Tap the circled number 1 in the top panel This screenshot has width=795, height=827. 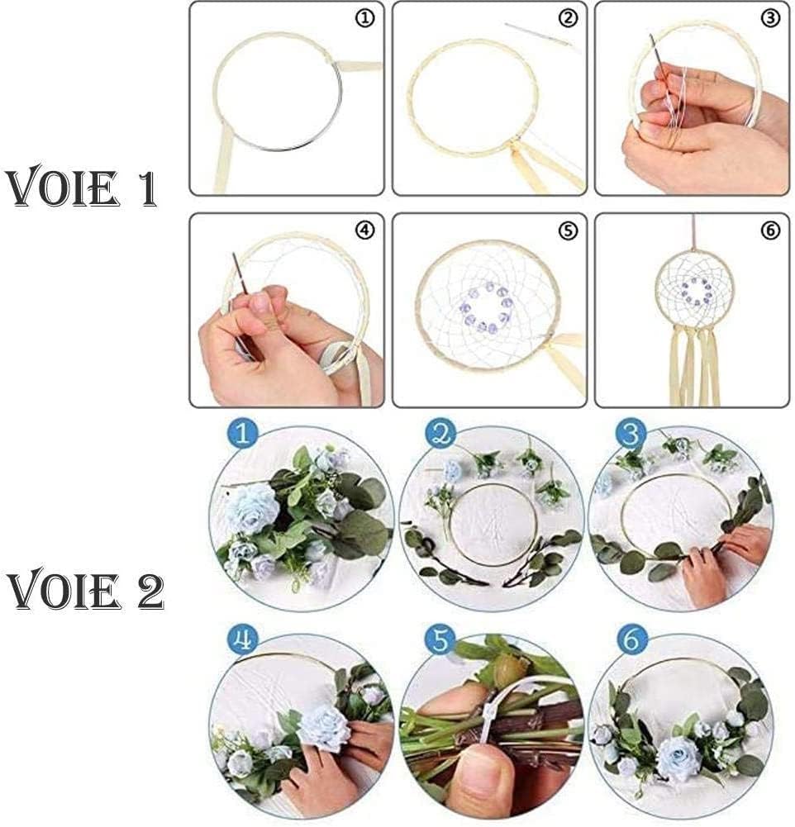click(x=364, y=19)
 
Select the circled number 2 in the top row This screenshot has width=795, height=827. click(x=567, y=19)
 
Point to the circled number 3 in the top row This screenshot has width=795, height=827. click(x=770, y=19)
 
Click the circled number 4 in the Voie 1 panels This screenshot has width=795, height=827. click(x=364, y=231)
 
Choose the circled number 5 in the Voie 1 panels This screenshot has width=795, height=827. click(x=567, y=231)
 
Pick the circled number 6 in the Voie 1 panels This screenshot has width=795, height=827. click(x=770, y=231)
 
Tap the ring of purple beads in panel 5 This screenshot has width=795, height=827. click(x=485, y=307)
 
